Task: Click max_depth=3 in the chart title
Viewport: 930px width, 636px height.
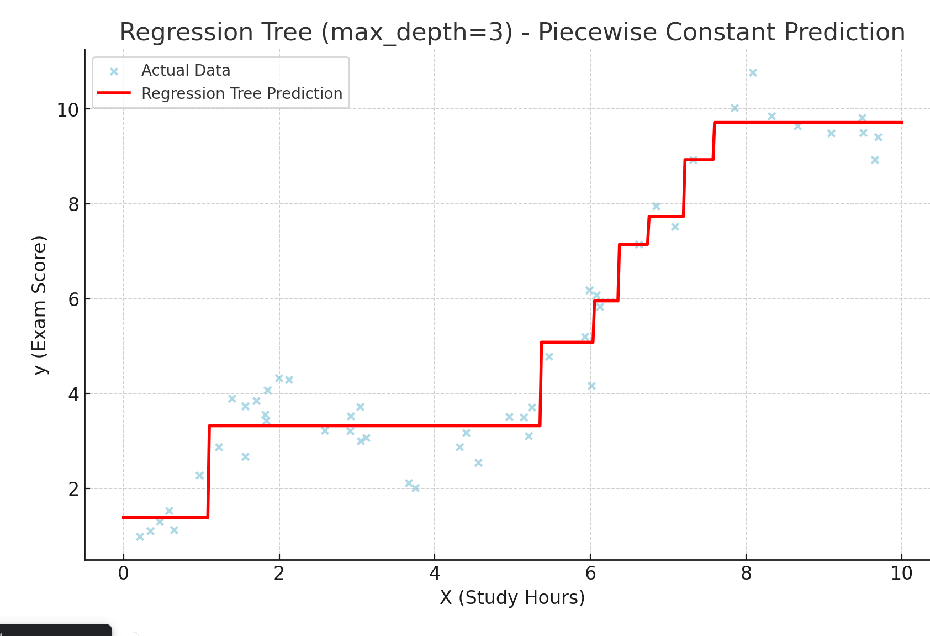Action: tap(417, 32)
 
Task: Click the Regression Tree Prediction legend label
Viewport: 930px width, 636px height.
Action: tap(242, 93)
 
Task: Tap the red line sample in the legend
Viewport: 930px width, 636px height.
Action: tap(114, 93)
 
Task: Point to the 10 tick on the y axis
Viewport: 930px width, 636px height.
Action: tap(68, 110)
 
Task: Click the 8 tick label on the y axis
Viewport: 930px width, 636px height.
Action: tap(73, 204)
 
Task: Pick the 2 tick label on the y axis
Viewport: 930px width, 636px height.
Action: tap(73, 489)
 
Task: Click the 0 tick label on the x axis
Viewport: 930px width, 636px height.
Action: tap(124, 574)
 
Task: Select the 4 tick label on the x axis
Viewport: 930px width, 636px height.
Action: tap(435, 574)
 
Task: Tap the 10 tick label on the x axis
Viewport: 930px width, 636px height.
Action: tap(901, 574)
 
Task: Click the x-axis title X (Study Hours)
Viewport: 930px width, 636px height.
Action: tap(512, 597)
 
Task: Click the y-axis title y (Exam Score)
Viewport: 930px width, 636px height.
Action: tap(39, 305)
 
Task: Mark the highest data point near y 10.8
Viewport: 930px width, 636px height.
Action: tap(753, 72)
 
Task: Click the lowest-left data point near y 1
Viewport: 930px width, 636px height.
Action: tap(140, 537)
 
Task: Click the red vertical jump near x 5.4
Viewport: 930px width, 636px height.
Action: tap(540, 384)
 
